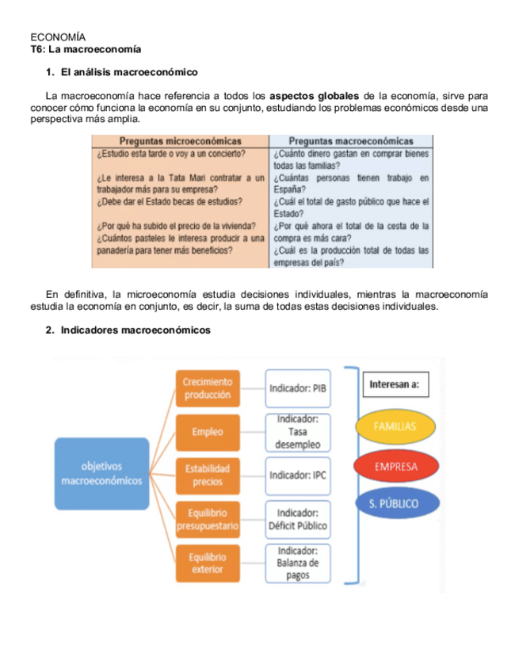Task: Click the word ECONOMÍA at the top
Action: pyautogui.click(x=58, y=37)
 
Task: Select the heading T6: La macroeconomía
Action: pyautogui.click(x=86, y=49)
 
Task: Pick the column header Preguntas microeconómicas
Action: pyautogui.click(x=180, y=141)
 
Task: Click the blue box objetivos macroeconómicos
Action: pyautogui.click(x=101, y=473)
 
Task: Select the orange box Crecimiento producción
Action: pyautogui.click(x=207, y=388)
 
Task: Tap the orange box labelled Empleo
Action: pyautogui.click(x=207, y=432)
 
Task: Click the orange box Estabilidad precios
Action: pyautogui.click(x=207, y=475)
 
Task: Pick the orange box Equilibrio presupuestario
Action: pyautogui.click(x=207, y=518)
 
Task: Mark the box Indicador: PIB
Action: pyautogui.click(x=298, y=388)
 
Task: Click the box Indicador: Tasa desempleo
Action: pyautogui.click(x=298, y=432)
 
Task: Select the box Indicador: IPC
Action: pyautogui.click(x=298, y=475)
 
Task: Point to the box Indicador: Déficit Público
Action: pyautogui.click(x=298, y=519)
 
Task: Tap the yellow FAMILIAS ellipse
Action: pyautogui.click(x=396, y=426)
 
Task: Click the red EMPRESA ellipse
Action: pyautogui.click(x=396, y=466)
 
